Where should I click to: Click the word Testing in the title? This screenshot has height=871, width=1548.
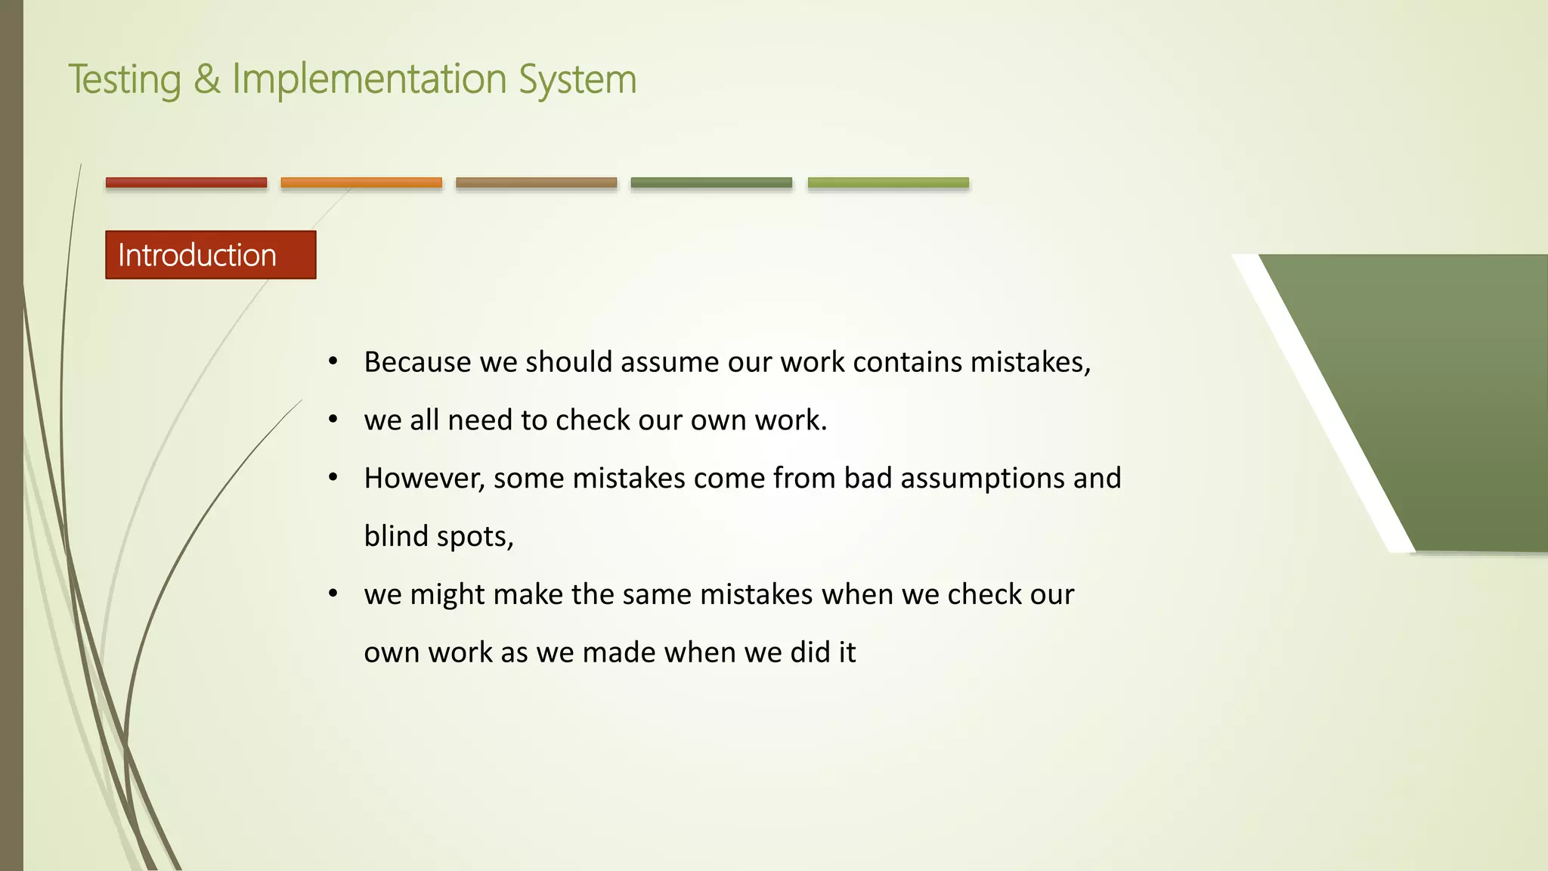(125, 80)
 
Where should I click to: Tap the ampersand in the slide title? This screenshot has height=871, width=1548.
(206, 79)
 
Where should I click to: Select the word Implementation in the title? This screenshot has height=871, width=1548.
(369, 79)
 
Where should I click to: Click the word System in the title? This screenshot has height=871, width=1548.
(577, 80)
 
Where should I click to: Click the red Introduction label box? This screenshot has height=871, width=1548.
(210, 255)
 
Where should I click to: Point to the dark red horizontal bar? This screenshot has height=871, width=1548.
(186, 182)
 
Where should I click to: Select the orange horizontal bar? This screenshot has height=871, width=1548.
(361, 182)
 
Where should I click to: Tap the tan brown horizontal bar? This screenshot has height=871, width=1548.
(536, 182)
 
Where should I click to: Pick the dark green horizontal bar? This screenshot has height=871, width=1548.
(711, 182)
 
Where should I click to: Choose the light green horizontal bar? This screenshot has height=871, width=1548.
(888, 182)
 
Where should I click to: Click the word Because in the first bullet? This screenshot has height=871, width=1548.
(417, 362)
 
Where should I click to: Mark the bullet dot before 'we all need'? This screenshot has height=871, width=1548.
(333, 420)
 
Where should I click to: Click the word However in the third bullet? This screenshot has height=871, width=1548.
(424, 479)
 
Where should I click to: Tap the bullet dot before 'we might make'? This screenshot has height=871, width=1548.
(333, 594)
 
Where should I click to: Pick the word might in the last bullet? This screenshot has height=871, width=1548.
(447, 595)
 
